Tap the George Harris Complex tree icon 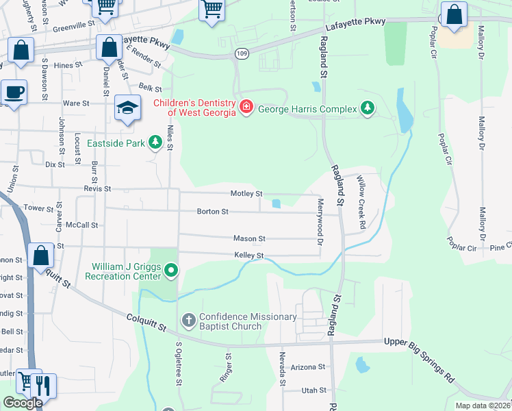click(369, 108)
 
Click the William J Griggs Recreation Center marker click(172, 271)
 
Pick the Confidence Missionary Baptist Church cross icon click(188, 320)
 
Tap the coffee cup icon click(14, 92)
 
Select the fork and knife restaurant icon click(44, 384)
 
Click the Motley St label click(246, 194)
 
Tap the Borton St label click(213, 212)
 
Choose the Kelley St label click(249, 256)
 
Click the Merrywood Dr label click(320, 222)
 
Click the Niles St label click(170, 133)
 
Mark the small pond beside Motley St click(276, 203)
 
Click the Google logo click(23, 403)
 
